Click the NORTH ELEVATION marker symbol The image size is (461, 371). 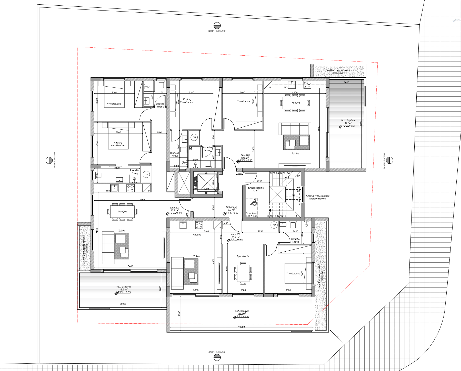(x=217, y=26)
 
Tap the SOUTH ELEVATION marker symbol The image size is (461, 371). (x=217, y=358)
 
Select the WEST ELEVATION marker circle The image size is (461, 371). (x=49, y=160)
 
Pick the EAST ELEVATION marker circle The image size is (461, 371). (x=389, y=160)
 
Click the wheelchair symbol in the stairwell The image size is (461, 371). (x=254, y=203)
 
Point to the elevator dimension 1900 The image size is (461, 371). (x=206, y=189)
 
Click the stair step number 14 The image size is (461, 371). (x=296, y=216)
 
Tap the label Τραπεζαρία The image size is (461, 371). (x=243, y=256)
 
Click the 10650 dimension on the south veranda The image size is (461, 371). (x=241, y=327)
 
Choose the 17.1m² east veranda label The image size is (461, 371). (x=348, y=123)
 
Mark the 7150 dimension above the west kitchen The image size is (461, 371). (x=142, y=200)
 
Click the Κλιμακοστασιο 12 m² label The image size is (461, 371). (x=256, y=189)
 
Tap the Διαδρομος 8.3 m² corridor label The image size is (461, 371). (x=231, y=209)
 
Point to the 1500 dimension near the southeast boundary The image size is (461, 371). (x=338, y=337)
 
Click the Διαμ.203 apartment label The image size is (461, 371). (x=175, y=208)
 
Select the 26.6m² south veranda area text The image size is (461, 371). (x=242, y=314)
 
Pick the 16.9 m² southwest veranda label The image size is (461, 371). (x=123, y=290)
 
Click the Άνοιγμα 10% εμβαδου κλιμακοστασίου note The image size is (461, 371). (x=317, y=197)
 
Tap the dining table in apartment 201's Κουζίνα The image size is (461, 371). (x=295, y=102)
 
